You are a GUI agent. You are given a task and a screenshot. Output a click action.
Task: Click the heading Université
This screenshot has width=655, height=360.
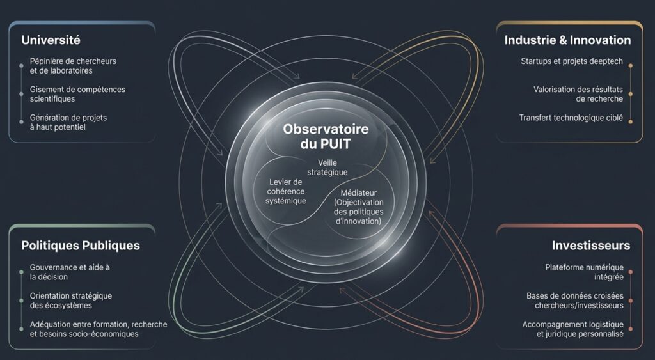[x=51, y=40]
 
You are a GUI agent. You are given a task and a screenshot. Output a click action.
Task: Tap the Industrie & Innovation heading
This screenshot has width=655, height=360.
[x=567, y=40]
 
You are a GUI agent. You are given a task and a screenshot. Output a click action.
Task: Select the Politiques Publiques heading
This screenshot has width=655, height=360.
[x=81, y=245]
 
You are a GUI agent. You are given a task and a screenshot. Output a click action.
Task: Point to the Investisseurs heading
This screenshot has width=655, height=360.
[x=590, y=245]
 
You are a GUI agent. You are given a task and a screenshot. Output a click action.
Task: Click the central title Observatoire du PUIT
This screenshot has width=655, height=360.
[x=326, y=136]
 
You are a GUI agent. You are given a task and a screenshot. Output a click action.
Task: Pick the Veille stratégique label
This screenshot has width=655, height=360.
[x=327, y=168]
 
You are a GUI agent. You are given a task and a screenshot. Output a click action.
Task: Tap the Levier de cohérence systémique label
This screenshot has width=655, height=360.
[x=286, y=191]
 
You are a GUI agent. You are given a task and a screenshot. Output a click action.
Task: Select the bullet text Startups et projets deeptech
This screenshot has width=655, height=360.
[x=571, y=61]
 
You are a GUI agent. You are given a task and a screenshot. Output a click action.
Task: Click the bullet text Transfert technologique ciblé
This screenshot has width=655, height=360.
[x=571, y=118]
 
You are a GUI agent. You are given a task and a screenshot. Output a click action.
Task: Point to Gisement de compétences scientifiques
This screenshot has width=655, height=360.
[x=77, y=94]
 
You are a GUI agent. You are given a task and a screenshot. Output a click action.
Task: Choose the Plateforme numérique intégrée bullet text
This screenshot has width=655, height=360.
[x=584, y=272]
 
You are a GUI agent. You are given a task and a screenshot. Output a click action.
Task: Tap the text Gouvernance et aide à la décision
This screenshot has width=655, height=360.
[x=70, y=272]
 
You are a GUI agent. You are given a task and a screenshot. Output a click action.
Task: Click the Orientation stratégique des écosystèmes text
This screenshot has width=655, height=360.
[x=70, y=301]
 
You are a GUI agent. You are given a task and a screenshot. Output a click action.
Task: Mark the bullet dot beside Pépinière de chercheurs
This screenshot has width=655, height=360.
[x=21, y=66]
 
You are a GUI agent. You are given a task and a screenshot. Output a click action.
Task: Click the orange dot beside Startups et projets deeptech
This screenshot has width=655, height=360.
[x=630, y=66]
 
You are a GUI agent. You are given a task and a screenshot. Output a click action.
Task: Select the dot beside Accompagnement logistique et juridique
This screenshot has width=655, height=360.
[x=630, y=329]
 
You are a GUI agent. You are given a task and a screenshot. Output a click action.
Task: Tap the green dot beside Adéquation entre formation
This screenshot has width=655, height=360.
[x=21, y=329]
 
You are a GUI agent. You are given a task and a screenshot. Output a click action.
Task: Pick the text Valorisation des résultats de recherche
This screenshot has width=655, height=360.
[x=578, y=94]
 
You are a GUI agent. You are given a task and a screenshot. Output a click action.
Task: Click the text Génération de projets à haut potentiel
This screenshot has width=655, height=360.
[x=68, y=122]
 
